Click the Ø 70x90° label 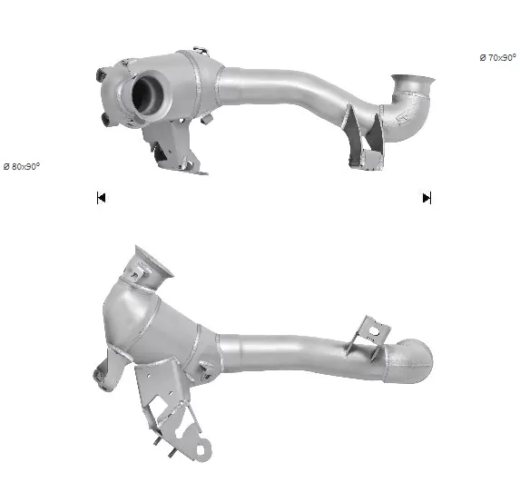coord(497,58)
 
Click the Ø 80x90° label coord(22,166)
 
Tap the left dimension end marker coord(101,198)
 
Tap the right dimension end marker coord(427,198)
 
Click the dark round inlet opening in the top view coord(147,93)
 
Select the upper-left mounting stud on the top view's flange coord(101,74)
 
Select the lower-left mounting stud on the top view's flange coord(106,120)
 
